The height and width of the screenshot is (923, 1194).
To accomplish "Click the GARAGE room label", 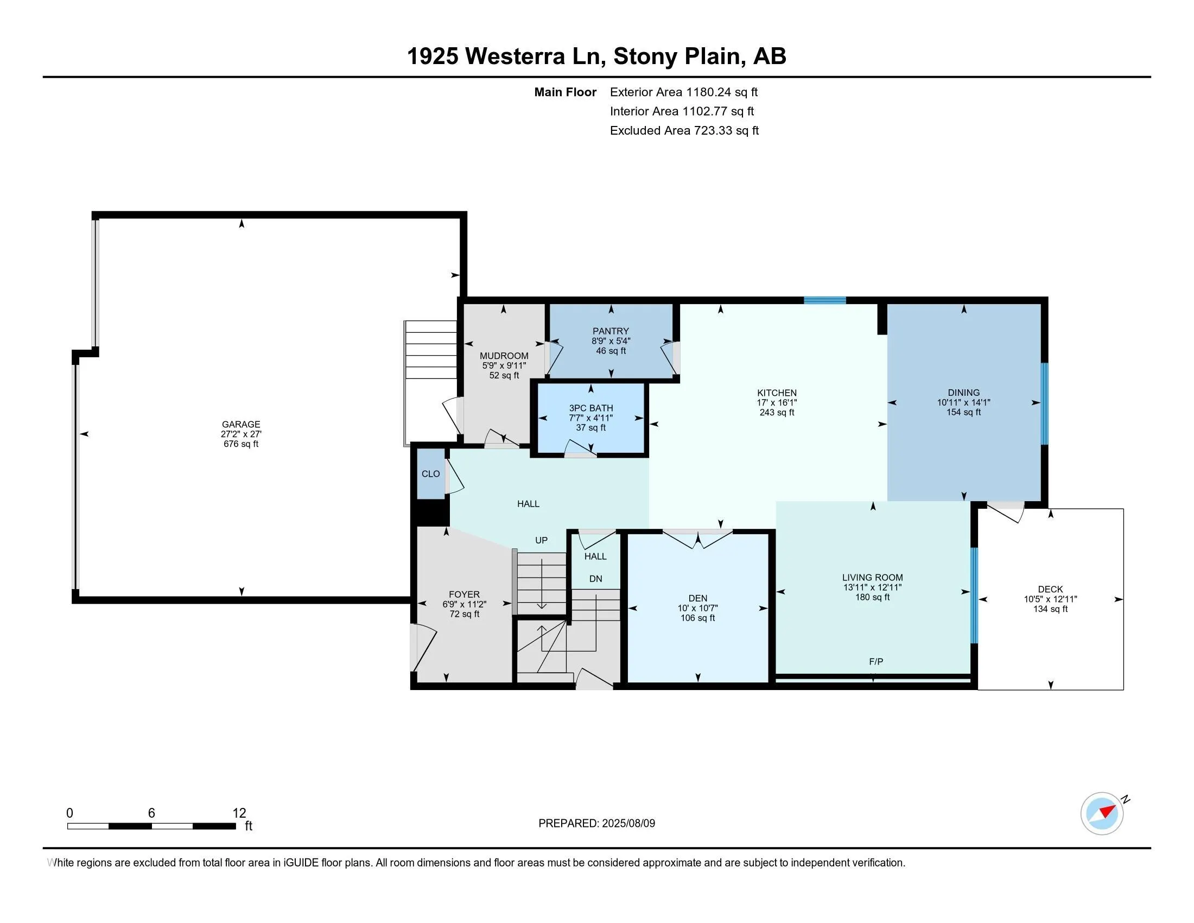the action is tap(240, 424).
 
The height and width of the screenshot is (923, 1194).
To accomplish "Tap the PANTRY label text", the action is tap(611, 331).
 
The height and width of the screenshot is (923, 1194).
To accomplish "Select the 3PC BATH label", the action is tap(591, 408).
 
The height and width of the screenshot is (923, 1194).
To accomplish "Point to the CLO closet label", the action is tap(431, 473).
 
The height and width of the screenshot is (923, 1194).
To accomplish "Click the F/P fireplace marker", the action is tap(876, 662).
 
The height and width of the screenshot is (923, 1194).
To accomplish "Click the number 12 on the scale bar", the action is tap(239, 813).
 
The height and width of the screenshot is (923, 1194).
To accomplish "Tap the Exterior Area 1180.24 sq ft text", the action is tap(684, 92).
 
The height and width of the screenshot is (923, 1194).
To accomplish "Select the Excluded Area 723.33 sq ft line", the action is tap(684, 130).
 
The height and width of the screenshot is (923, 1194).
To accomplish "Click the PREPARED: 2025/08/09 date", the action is tap(596, 823).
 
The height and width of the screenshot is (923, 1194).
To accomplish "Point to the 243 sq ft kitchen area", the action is tap(777, 412).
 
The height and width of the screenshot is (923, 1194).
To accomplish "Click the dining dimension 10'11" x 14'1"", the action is tap(964, 402).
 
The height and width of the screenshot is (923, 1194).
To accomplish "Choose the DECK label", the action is tap(1050, 589).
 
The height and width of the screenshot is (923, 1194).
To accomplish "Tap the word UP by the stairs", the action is tap(541, 540).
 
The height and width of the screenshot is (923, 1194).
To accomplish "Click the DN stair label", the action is tap(595, 579).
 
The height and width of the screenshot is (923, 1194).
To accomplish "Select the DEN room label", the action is tap(697, 598).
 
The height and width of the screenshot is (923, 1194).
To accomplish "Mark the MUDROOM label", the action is tap(504, 356).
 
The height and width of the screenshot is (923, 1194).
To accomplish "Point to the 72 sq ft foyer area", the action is tap(464, 614).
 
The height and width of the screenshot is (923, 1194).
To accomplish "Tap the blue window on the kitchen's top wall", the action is tap(825, 300).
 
